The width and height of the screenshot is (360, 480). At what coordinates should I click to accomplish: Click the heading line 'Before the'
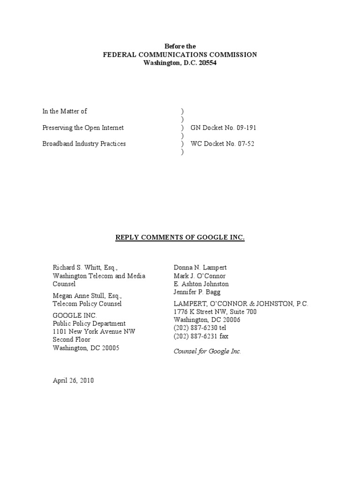[180, 46]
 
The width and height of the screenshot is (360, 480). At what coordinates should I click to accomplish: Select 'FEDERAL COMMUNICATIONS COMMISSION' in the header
[180, 55]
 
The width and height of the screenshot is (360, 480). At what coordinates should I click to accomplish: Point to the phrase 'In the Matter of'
[65, 111]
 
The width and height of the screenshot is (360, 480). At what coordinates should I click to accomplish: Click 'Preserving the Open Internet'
[83, 127]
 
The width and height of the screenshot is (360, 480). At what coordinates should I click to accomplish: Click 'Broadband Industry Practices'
[84, 144]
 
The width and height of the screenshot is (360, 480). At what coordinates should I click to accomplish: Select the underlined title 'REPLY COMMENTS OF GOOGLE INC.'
[180, 238]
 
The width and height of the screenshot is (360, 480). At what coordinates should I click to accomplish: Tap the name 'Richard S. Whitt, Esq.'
[85, 268]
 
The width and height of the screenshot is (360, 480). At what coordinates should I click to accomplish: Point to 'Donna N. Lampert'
[200, 268]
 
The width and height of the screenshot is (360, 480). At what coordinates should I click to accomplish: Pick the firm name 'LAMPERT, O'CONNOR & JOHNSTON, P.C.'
[241, 304]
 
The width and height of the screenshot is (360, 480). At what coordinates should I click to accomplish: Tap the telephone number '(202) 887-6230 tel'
[200, 328]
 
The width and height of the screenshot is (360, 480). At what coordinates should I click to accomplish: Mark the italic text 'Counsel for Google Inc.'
[207, 352]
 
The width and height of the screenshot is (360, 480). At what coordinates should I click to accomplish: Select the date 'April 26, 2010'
[73, 381]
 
